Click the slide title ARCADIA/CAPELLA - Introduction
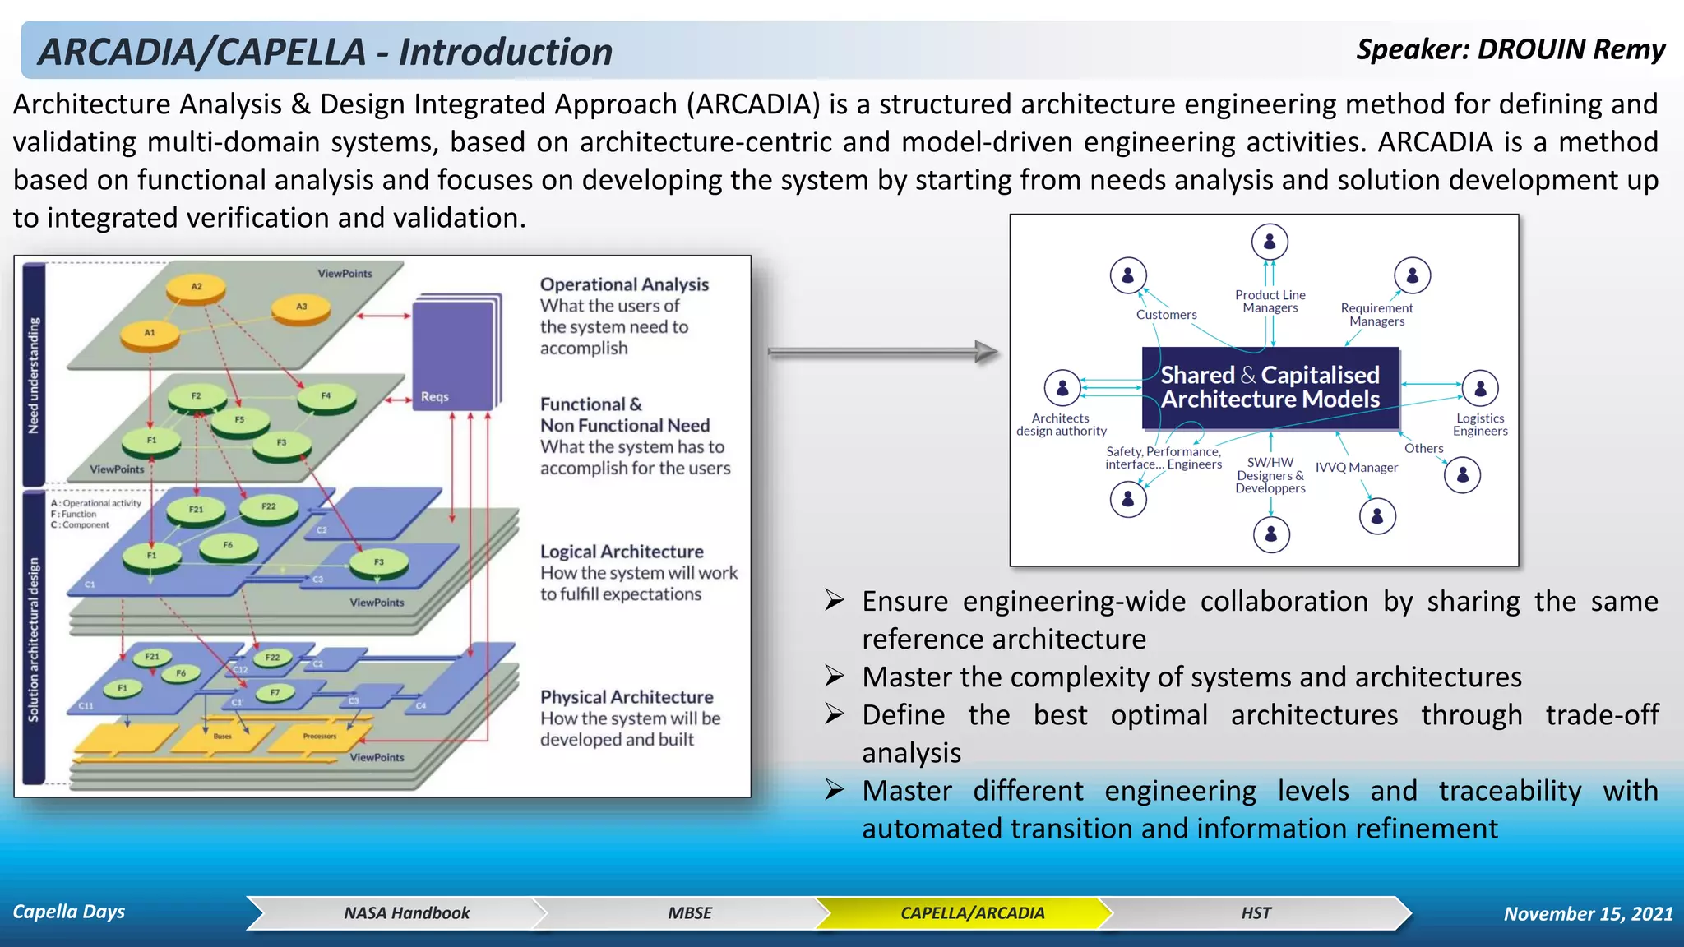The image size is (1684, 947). click(x=326, y=52)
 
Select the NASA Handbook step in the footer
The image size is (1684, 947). click(x=406, y=912)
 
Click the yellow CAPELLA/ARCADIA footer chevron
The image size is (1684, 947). click(x=972, y=912)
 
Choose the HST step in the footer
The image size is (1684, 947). click(x=1256, y=912)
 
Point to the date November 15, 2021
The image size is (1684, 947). click(x=1588, y=913)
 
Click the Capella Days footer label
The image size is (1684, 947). click(x=69, y=912)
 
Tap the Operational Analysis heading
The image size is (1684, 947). click(x=624, y=284)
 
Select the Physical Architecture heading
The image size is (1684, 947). click(x=627, y=697)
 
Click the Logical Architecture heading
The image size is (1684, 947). click(x=622, y=552)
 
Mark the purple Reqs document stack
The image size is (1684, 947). click(x=456, y=353)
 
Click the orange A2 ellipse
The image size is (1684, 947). click(x=197, y=287)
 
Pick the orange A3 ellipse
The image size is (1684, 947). click(x=302, y=307)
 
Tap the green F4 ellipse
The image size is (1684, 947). click(x=326, y=397)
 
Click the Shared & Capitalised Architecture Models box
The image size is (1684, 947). click(x=1270, y=387)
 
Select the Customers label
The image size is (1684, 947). click(x=1166, y=315)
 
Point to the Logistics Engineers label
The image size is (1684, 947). click(x=1479, y=424)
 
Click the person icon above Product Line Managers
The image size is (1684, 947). click(x=1270, y=242)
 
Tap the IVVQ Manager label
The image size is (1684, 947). click(x=1356, y=468)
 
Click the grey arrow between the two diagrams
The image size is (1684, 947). click(x=884, y=352)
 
